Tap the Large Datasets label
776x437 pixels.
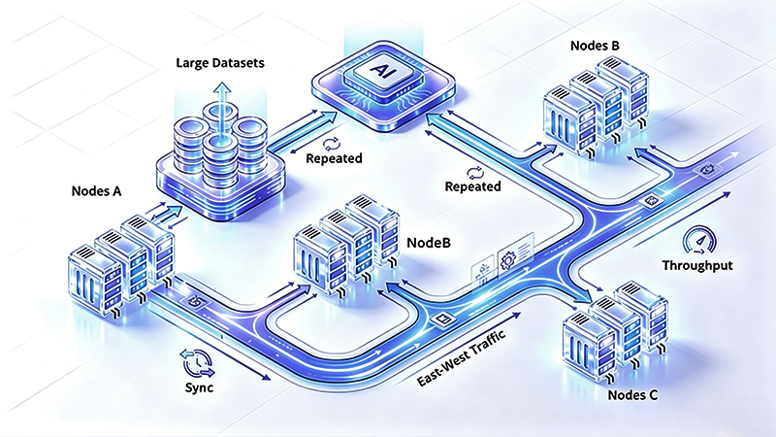click(x=220, y=63)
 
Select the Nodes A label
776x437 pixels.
click(x=96, y=191)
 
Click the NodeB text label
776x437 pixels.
click(x=429, y=243)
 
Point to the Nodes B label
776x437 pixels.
click(x=595, y=46)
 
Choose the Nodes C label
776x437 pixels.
click(x=633, y=395)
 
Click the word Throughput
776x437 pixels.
click(x=697, y=265)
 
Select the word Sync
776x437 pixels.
click(x=200, y=387)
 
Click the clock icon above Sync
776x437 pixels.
click(x=198, y=363)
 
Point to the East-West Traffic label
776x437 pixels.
click(x=462, y=357)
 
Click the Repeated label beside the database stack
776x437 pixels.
click(x=334, y=158)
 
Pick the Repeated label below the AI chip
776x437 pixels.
click(x=472, y=186)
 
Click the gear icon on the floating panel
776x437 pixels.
click(x=508, y=259)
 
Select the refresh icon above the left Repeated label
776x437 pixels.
click(x=330, y=144)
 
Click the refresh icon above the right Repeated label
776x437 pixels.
click(x=475, y=173)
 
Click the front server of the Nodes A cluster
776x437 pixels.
click(x=95, y=280)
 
